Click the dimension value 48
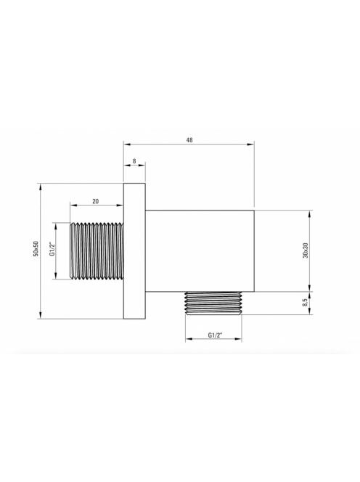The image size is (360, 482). [189, 140]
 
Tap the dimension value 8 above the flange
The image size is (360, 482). [134, 160]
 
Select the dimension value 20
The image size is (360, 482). [96, 201]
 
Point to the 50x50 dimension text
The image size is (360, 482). [36, 249]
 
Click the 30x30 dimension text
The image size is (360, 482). [306, 250]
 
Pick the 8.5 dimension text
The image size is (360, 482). [305, 303]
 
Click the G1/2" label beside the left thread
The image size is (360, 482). [52, 250]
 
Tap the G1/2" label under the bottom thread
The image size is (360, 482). [215, 335]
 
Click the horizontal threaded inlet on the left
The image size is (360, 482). [97, 251]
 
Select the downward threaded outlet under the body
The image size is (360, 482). [213, 303]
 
